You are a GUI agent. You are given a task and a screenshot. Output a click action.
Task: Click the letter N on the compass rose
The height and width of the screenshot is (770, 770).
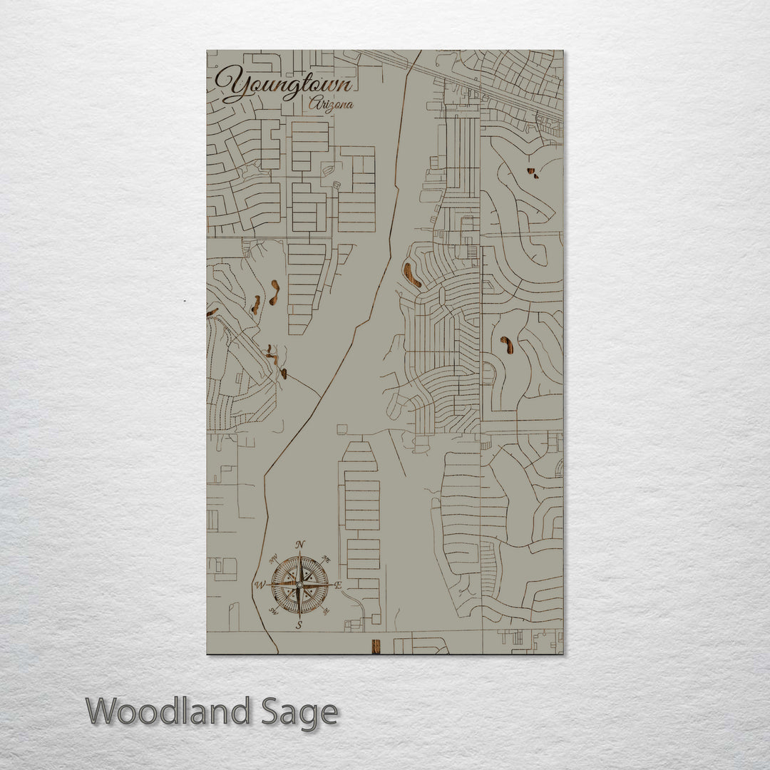click(300, 545)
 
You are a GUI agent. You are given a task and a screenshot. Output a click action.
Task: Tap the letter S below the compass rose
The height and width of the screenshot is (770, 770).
click(299, 625)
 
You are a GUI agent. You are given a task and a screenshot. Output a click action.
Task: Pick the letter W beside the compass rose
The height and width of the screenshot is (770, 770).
click(260, 585)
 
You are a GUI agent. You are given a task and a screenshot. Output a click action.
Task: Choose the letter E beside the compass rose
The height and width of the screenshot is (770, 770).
click(339, 585)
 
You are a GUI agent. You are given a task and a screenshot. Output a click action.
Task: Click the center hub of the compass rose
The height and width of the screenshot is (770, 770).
click(299, 585)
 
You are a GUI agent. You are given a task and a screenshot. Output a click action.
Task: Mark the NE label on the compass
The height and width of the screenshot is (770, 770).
click(327, 558)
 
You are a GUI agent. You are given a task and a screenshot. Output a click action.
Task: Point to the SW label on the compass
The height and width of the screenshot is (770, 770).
click(272, 612)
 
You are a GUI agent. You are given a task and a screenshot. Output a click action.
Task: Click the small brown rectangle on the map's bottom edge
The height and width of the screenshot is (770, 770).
click(376, 646)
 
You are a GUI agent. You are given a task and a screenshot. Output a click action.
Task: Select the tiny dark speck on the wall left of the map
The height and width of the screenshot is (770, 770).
click(185, 301)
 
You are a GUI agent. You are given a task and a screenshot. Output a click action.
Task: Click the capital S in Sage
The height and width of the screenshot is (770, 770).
click(270, 712)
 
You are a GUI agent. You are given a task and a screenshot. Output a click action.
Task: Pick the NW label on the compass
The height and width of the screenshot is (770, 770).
click(273, 558)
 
